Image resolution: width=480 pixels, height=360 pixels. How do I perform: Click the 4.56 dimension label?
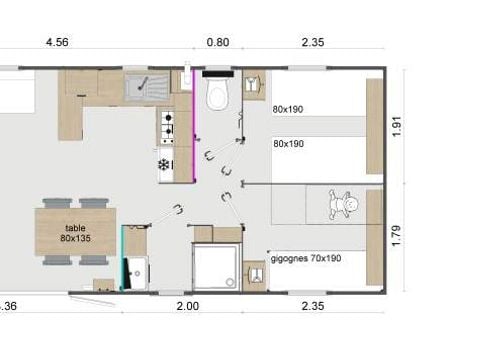(57, 42)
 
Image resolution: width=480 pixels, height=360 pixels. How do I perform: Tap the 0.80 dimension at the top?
(218, 42)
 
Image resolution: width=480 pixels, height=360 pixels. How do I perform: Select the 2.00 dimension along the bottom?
(188, 306)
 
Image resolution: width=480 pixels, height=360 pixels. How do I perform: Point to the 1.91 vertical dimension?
(397, 126)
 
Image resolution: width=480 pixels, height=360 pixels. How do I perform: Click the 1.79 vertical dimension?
(397, 236)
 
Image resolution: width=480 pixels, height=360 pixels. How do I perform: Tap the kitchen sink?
(147, 86)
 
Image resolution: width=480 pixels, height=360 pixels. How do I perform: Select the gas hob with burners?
(167, 127)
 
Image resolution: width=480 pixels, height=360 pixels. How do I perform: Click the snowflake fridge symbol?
(163, 165)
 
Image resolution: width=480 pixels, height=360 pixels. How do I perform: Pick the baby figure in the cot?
(343, 204)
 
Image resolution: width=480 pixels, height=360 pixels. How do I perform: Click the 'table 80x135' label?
(75, 233)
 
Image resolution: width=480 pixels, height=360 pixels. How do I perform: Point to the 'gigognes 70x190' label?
(306, 259)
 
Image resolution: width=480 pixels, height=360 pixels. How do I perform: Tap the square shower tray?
(216, 266)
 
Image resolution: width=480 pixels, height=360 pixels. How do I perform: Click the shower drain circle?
(230, 282)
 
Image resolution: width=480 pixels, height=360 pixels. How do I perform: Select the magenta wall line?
(194, 126)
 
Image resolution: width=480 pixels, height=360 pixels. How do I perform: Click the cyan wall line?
(122, 258)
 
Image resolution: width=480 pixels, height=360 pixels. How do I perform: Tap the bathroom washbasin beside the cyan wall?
(137, 273)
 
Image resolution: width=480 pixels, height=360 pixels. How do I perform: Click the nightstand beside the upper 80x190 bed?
(254, 85)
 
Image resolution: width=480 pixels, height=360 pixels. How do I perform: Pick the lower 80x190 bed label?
(288, 144)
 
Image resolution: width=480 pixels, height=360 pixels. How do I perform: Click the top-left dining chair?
(57, 203)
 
